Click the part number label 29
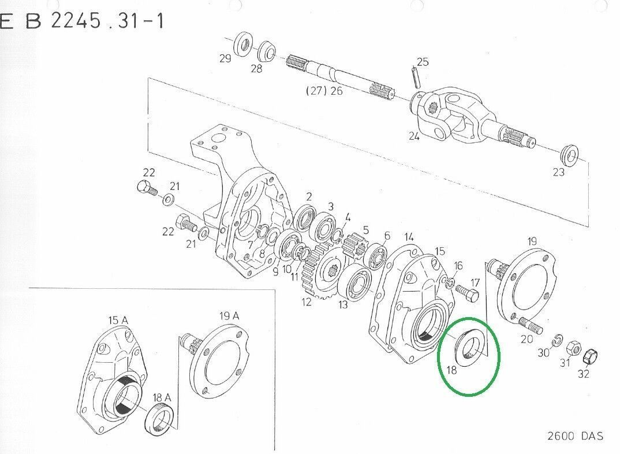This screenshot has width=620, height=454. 225,58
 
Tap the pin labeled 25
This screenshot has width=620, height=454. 416,78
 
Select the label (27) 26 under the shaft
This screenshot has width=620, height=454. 324,91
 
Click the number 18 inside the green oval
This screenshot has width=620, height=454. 451,370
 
